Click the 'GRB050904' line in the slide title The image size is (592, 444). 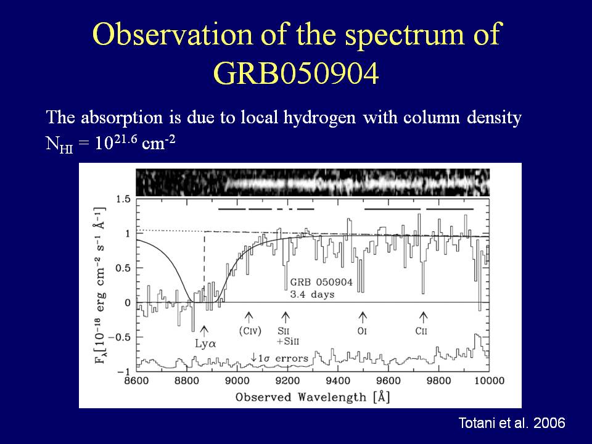click(x=296, y=73)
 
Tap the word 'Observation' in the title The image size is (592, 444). click(x=172, y=34)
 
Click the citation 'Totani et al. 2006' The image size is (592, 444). click(x=512, y=423)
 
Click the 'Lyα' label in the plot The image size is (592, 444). click(x=205, y=344)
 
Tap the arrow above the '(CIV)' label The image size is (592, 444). click(x=249, y=317)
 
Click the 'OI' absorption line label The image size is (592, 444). click(x=362, y=331)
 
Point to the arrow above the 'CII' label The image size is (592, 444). click(x=424, y=317)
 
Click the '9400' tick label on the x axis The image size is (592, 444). click(x=337, y=380)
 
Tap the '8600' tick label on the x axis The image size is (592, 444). click(x=136, y=380)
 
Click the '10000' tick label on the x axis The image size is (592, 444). click(x=489, y=380)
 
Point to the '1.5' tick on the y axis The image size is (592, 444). click(x=123, y=199)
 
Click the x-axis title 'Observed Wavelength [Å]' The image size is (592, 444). click(x=313, y=397)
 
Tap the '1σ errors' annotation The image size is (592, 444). click(x=280, y=358)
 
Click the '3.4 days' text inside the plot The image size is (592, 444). click(x=312, y=295)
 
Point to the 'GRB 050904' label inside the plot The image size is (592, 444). click(x=321, y=282)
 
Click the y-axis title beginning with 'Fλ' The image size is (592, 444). click(x=100, y=286)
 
